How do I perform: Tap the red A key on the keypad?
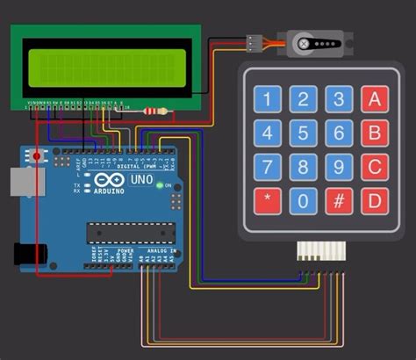(375, 98)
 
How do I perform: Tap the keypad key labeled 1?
(268, 98)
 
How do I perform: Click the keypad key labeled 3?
(339, 98)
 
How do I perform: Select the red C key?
(375, 166)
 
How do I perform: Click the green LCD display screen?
(106, 68)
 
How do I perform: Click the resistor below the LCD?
(155, 111)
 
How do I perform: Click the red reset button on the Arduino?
(36, 157)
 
